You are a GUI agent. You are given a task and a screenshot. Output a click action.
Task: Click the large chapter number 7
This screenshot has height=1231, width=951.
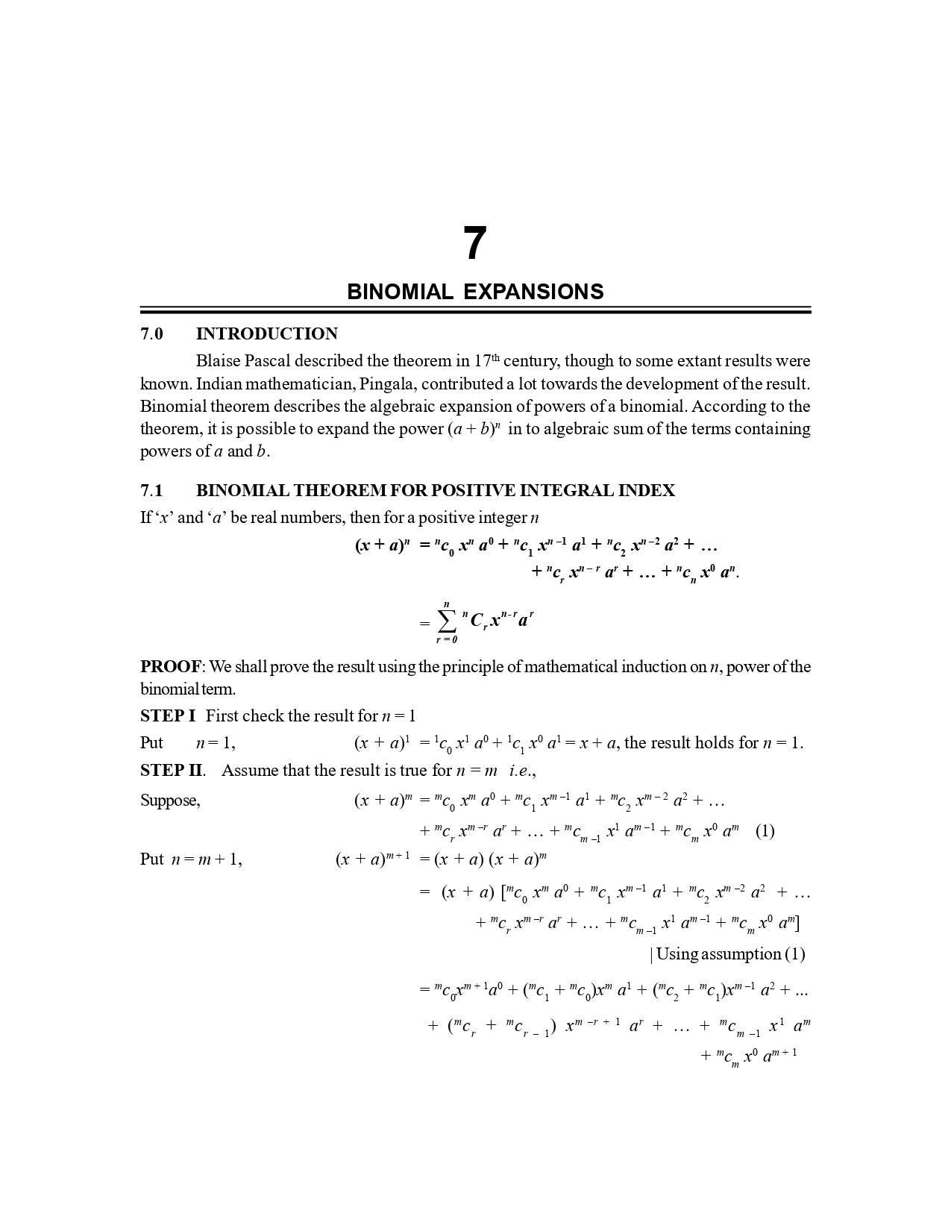[x=475, y=244]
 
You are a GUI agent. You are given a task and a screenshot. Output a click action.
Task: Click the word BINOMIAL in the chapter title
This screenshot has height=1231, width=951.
[x=400, y=292]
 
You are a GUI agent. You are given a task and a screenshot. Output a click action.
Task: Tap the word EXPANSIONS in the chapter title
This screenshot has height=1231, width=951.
[x=533, y=292]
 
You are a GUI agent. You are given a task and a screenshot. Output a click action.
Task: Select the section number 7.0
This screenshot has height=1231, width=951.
[x=151, y=333]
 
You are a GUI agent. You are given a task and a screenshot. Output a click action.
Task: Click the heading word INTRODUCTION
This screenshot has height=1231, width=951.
[x=266, y=333]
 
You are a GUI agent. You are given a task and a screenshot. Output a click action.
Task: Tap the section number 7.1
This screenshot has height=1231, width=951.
[x=151, y=490]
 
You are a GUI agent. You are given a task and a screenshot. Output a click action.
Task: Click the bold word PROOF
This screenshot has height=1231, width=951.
[x=171, y=666]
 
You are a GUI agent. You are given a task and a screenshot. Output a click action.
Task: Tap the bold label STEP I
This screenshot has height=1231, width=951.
[x=168, y=715]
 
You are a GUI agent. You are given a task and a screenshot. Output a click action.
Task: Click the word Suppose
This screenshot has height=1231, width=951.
[x=170, y=801]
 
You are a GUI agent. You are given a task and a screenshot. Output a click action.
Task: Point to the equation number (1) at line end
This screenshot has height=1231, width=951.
[x=765, y=830]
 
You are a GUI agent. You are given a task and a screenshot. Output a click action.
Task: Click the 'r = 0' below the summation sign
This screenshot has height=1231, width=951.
[x=447, y=639]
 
